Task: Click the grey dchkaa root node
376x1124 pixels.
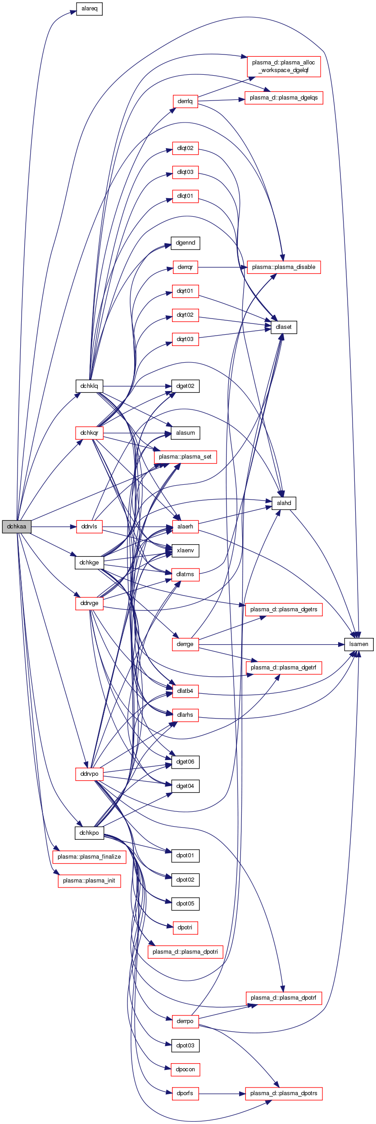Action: [17, 526]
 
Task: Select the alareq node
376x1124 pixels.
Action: [89, 9]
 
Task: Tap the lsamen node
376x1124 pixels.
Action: [358, 644]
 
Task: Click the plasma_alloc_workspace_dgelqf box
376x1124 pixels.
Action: [284, 66]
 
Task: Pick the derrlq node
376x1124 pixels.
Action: [185, 101]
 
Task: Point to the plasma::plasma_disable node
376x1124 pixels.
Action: [284, 267]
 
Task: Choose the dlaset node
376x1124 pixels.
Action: [284, 327]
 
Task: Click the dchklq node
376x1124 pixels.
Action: [89, 386]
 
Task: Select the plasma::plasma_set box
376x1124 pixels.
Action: [185, 456]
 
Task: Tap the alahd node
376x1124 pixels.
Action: [284, 503]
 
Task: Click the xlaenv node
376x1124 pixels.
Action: [185, 550]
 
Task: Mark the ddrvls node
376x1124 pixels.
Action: [89, 526]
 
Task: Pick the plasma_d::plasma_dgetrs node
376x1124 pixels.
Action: [284, 609]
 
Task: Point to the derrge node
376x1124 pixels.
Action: [185, 644]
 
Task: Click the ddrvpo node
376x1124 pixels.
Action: [89, 774]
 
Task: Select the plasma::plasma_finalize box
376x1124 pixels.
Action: [89, 856]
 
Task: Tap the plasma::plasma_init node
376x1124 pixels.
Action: [89, 880]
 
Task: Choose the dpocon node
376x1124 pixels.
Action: [185, 1069]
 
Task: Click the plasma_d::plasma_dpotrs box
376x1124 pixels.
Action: [284, 1093]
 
